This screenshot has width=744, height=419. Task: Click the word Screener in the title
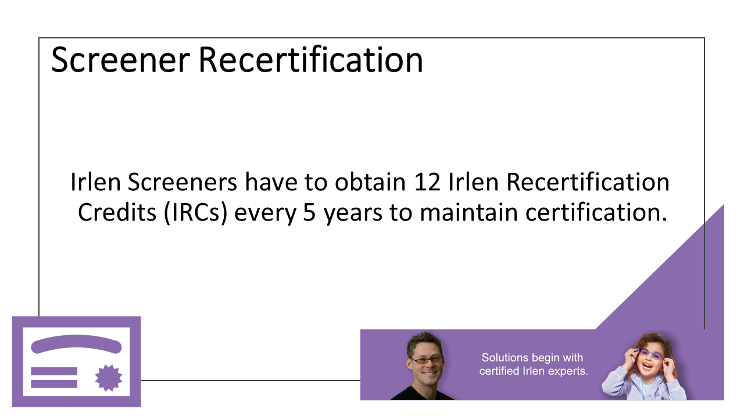click(120, 60)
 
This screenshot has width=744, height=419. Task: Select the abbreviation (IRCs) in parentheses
click(195, 212)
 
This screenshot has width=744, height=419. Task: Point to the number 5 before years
click(309, 213)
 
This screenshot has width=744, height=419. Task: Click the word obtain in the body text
click(370, 182)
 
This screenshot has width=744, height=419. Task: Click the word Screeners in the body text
click(183, 182)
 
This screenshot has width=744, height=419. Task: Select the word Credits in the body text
click(117, 212)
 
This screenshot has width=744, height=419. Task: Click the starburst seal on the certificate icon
click(109, 378)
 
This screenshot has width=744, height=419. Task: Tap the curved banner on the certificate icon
click(76, 343)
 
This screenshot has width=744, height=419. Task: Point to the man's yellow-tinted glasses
click(427, 360)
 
